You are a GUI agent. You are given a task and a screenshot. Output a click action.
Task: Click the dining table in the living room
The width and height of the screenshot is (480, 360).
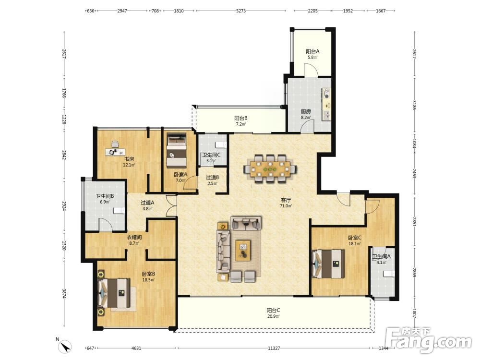coord(270,168)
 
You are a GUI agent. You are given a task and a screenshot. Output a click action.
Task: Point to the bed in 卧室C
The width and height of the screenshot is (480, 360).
coord(328,264)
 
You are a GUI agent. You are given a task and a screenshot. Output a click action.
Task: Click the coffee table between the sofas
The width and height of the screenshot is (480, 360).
coord(243,251)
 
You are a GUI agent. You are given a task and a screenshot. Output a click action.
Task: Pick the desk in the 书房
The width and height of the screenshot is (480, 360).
coord(115,152)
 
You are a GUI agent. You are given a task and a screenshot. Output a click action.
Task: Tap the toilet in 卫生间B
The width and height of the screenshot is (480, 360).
coord(119,210)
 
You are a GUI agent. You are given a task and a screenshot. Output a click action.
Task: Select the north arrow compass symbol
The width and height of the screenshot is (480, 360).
coord(65,346)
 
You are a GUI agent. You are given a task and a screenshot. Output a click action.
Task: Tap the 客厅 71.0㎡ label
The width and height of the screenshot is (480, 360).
coord(286,203)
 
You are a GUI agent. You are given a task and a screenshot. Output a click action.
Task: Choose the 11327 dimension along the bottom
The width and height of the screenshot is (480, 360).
coord(274,348)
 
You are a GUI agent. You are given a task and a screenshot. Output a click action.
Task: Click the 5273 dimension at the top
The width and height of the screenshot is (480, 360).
coord(241,11)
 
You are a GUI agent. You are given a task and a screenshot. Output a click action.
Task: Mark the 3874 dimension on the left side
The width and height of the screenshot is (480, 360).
coord(64,294)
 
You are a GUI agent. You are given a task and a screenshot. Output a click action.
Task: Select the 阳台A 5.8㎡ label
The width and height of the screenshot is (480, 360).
coord(312,54)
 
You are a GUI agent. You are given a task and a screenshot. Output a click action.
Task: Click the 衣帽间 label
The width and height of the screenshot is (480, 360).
coord(134,237)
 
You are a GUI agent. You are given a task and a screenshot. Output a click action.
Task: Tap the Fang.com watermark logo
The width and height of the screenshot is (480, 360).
coord(429,339)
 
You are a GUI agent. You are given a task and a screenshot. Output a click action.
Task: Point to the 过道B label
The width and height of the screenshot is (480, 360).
coord(212,177)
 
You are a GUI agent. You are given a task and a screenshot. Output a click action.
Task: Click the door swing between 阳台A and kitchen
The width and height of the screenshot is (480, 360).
coord(311,70)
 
